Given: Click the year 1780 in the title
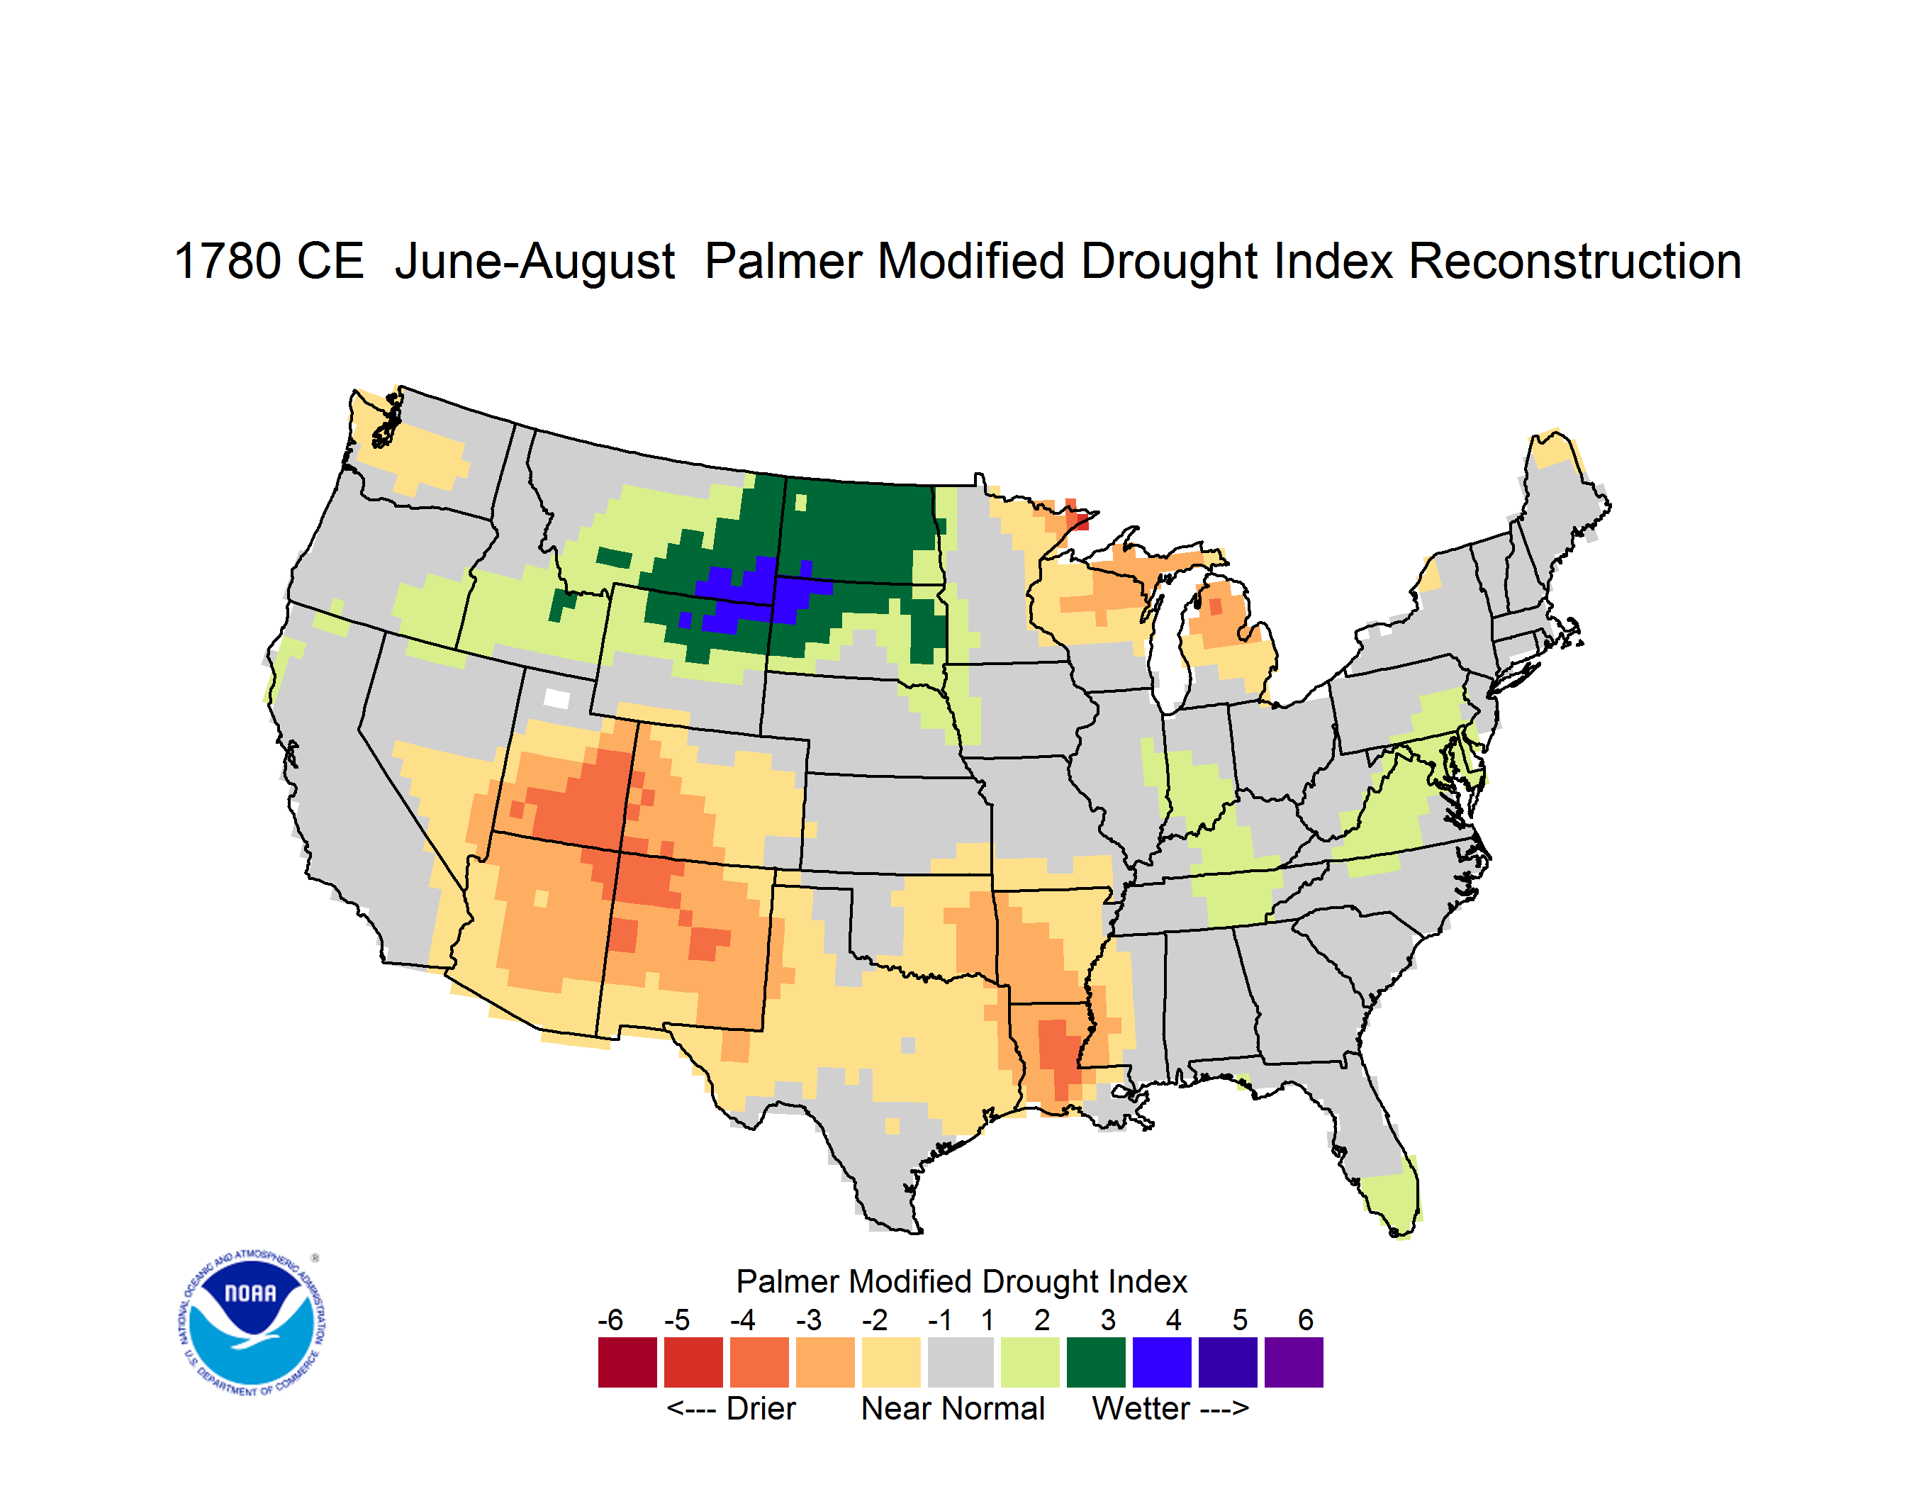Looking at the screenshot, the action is tap(228, 261).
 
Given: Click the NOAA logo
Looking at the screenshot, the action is tap(252, 1322).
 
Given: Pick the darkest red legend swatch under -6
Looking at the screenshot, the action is tap(627, 1362).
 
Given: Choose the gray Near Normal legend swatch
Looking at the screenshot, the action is tap(961, 1362).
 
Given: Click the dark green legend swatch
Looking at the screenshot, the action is tap(1095, 1362).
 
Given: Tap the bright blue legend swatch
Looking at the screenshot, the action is tap(1162, 1362).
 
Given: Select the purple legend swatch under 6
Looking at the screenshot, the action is tap(1294, 1362).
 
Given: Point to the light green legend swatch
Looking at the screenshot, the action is tap(1030, 1362).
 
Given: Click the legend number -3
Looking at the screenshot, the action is tap(808, 1320).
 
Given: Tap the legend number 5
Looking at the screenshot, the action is tap(1239, 1320).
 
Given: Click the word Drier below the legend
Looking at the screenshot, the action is tap(761, 1408).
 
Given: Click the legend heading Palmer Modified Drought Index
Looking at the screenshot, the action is tap(961, 1281).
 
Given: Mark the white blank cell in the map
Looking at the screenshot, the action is tap(556, 698).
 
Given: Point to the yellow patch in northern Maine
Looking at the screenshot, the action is tap(1554, 450).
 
